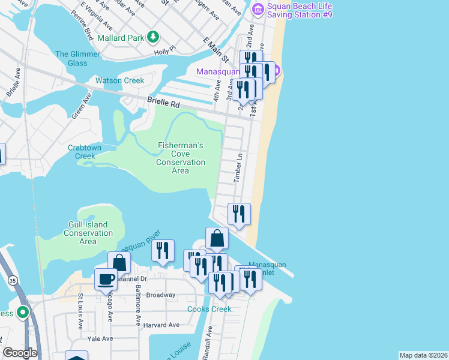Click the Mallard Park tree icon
[x=154, y=37]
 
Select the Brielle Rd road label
[x=163, y=104]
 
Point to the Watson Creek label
[x=120, y=80]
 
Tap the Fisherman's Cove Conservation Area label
[x=181, y=158]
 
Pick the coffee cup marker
[x=106, y=280]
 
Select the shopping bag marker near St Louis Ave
[x=119, y=263]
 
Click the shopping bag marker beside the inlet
[x=217, y=239]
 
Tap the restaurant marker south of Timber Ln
[x=239, y=214]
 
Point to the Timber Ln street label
[x=238, y=167]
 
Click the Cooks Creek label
[x=209, y=309]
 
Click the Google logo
[x=20, y=353]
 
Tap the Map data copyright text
[x=423, y=355]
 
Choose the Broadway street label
[x=161, y=295]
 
